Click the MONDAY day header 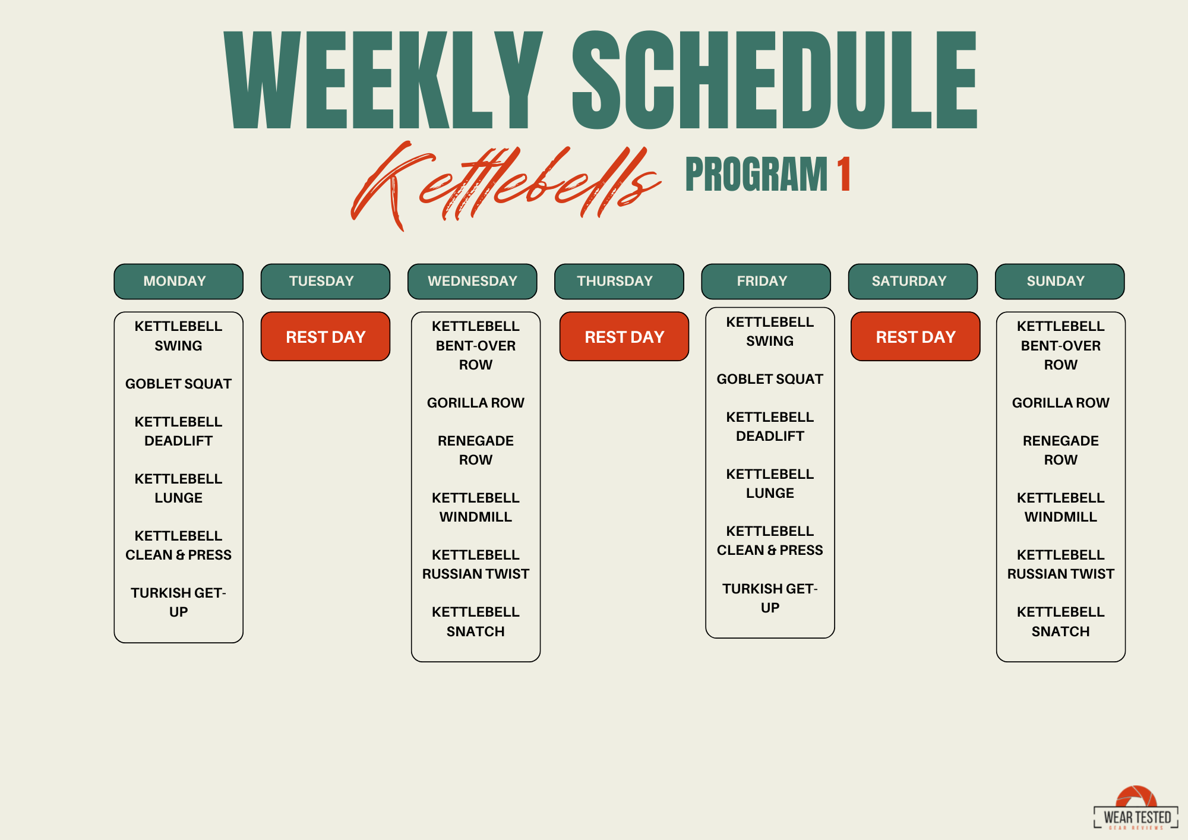(x=178, y=281)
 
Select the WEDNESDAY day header (x=472, y=281)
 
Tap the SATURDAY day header (x=912, y=281)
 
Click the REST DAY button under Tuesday (x=326, y=336)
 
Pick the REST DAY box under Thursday (x=624, y=336)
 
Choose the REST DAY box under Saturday (x=915, y=336)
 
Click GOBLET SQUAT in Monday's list (x=178, y=384)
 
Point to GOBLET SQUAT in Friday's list (x=770, y=379)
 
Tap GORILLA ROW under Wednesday (x=475, y=403)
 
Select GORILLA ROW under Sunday (x=1060, y=403)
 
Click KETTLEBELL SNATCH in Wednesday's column (x=475, y=621)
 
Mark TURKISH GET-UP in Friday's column (x=770, y=598)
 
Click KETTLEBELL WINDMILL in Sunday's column (x=1060, y=507)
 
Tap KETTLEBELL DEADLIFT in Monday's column (x=178, y=431)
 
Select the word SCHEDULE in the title (x=775, y=80)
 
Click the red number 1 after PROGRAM (x=843, y=174)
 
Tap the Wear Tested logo (x=1136, y=809)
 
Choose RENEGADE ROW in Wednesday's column (x=475, y=450)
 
